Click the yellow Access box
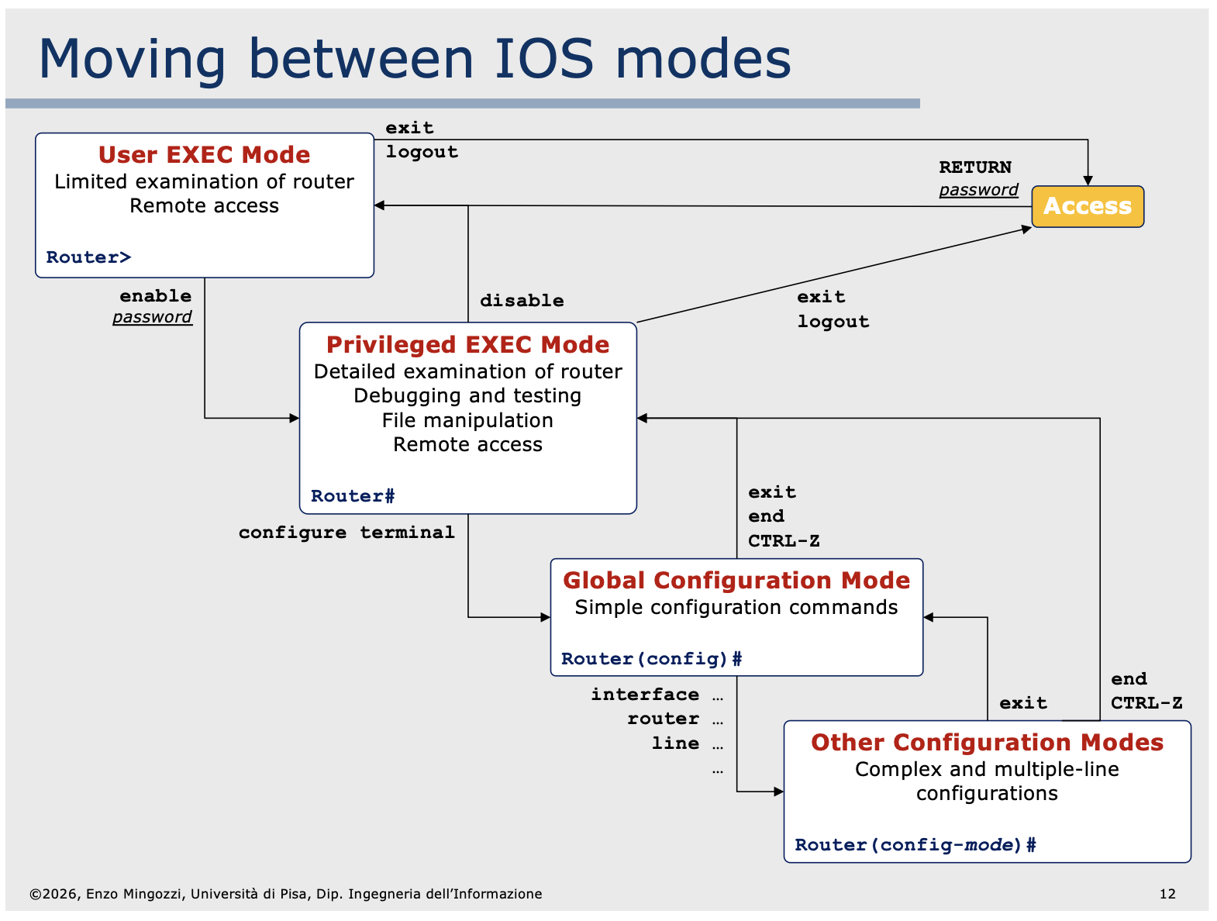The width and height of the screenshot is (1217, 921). pos(1087,206)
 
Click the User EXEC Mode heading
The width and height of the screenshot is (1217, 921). pos(204,155)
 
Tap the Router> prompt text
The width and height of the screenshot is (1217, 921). pos(88,257)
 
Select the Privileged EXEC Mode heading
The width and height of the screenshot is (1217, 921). pos(467,345)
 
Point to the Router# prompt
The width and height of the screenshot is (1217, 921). pos(353,496)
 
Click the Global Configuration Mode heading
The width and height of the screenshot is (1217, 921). pos(736,581)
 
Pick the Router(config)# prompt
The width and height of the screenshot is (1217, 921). pos(651,659)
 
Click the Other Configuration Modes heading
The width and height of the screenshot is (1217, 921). pos(987,743)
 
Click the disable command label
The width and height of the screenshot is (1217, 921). pos(522,301)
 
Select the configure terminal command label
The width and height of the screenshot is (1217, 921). pos(346,533)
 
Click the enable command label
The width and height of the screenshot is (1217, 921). pos(155,296)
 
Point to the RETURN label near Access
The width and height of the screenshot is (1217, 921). pos(975,167)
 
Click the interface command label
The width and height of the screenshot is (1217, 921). pos(645,695)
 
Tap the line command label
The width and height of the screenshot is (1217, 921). pos(675,743)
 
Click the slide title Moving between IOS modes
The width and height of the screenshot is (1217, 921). pos(415,59)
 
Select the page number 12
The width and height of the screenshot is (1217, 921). pos(1167,894)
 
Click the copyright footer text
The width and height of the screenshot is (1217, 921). pos(286,894)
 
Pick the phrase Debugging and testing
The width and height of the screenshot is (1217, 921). pos(467,396)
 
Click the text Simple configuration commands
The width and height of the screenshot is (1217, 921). pos(736,608)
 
